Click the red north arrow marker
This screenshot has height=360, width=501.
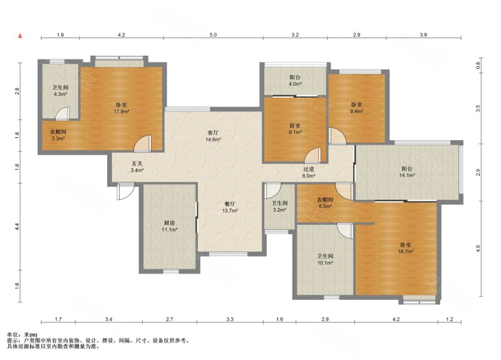(20, 36)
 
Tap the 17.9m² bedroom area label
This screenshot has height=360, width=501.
(121, 108)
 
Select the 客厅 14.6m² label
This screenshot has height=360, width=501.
(213, 136)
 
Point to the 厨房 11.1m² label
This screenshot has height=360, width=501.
(170, 226)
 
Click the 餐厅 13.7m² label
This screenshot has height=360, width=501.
(230, 207)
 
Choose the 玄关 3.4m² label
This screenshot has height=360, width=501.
(137, 167)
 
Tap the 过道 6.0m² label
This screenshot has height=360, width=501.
(309, 172)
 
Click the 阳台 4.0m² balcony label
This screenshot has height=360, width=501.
(295, 81)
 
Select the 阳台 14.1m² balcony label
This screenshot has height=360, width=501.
(406, 172)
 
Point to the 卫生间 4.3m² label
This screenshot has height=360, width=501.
(60, 90)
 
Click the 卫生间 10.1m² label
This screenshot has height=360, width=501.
(325, 259)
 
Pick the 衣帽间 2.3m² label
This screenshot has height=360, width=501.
(58, 135)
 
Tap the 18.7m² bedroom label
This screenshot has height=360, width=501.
(406, 248)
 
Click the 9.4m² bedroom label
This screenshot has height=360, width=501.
(356, 108)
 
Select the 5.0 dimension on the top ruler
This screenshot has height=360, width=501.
(213, 35)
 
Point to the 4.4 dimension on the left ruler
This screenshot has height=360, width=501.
(18, 227)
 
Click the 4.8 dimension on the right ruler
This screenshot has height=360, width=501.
(478, 249)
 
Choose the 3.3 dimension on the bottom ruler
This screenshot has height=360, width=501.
(230, 319)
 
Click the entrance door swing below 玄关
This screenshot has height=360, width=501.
(125, 192)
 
